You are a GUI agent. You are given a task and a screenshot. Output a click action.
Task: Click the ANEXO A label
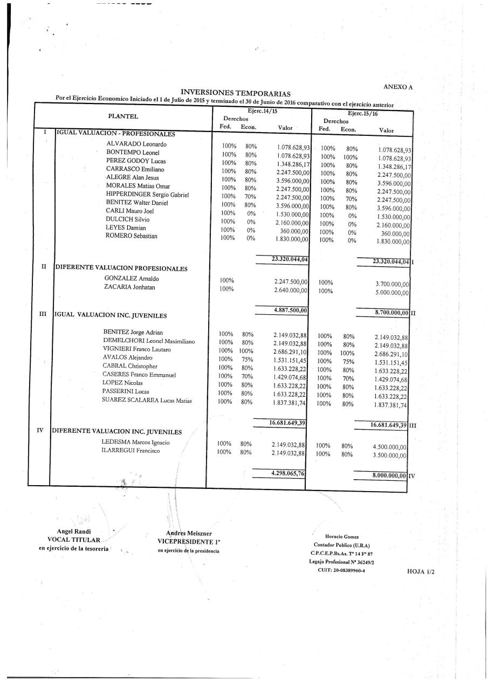tap(398, 87)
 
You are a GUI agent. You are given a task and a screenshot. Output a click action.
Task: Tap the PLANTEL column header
tap(123, 116)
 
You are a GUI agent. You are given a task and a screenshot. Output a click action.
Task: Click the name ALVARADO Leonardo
tap(136, 144)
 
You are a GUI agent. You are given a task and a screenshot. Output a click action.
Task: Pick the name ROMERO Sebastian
tap(132, 236)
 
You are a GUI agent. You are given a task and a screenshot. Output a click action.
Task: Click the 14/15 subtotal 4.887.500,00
tap(290, 310)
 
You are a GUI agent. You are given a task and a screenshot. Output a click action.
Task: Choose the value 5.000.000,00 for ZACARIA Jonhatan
tap(392, 293)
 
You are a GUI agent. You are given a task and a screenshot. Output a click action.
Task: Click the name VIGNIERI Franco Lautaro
tap(136, 349)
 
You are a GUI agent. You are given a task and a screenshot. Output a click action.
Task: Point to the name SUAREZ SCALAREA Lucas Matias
tap(147, 400)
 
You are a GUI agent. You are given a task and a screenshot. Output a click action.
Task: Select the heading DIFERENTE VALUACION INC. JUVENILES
tap(116, 432)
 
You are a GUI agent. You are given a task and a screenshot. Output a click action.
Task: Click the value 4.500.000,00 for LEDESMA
tap(389, 447)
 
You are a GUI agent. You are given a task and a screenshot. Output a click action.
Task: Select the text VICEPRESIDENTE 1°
tap(189, 541)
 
